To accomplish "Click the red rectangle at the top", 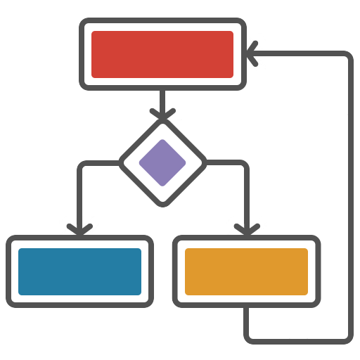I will pyautogui.click(x=162, y=54).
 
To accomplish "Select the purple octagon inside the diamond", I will pyautogui.click(x=162, y=162).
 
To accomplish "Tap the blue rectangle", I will pyautogui.click(x=79, y=271).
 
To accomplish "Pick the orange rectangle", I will pyautogui.click(x=246, y=271).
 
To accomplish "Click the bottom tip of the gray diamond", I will pyautogui.click(x=163, y=205).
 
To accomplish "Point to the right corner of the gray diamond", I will pyautogui.click(x=207, y=163).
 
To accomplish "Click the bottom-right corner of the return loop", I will pyautogui.click(x=345, y=336).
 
